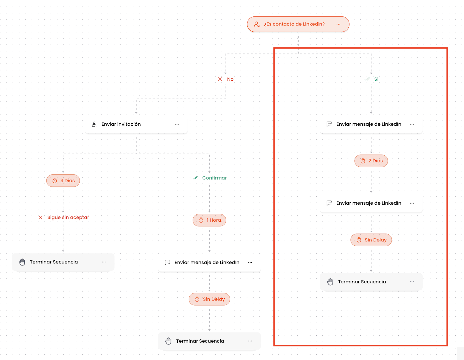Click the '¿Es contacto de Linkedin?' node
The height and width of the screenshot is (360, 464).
[298, 24]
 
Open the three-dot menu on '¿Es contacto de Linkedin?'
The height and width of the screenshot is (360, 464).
[338, 24]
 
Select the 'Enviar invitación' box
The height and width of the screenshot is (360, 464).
[136, 124]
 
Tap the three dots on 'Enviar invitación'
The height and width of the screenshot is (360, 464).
[177, 124]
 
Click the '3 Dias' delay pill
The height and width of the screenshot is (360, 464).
[63, 181]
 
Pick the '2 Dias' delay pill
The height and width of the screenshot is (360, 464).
[371, 161]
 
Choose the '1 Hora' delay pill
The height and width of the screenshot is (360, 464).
[209, 220]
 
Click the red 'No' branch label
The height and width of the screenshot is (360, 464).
[230, 79]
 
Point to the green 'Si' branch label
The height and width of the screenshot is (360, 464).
[376, 79]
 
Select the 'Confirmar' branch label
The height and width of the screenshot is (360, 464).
[214, 178]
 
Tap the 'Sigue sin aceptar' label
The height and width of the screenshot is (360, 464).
[68, 217]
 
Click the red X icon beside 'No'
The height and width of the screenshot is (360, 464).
[220, 79]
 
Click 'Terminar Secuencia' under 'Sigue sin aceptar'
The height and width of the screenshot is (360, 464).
[63, 262]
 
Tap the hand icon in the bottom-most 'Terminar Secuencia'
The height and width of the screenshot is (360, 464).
[168, 341]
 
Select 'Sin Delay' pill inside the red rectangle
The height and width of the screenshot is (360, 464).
[371, 240]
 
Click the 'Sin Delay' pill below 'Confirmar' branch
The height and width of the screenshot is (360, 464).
[209, 299]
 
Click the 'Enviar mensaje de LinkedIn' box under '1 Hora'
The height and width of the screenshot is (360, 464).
[209, 263]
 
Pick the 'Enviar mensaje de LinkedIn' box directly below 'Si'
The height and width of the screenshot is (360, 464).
[371, 124]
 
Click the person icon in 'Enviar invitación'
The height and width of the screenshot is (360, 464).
[94, 124]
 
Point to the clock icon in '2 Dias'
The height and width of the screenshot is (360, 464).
[363, 161]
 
